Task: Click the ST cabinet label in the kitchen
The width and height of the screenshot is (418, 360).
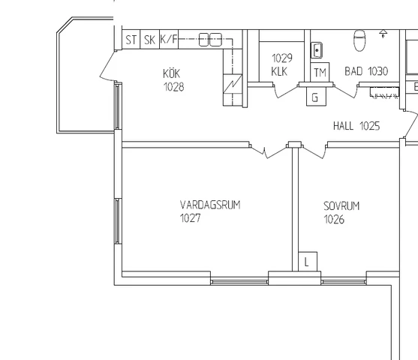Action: [131, 40]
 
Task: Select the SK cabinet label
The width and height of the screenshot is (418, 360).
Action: [149, 40]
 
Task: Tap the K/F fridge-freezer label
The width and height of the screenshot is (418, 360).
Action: [169, 39]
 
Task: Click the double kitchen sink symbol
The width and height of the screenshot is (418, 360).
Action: [210, 40]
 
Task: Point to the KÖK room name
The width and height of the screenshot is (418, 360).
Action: [172, 73]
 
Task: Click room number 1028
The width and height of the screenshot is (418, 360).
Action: [173, 87]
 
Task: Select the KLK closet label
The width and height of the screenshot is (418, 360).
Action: [279, 71]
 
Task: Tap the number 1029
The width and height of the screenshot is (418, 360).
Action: [282, 58]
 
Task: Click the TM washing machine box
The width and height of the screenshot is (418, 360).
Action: [320, 72]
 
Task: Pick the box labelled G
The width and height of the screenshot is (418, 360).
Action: [316, 97]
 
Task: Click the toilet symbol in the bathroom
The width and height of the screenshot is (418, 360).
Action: [359, 40]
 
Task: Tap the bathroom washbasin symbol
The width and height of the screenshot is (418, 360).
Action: [317, 50]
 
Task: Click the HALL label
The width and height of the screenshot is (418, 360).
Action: [344, 126]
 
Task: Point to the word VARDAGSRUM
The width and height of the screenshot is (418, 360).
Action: [210, 205]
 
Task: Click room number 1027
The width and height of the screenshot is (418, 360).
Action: [190, 218]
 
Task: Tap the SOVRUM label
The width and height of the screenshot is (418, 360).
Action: [341, 206]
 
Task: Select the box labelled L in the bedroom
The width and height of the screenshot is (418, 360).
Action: [308, 262]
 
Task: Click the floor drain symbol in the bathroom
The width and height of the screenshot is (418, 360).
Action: [383, 34]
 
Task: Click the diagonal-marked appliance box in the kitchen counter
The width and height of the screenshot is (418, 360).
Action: [233, 84]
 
